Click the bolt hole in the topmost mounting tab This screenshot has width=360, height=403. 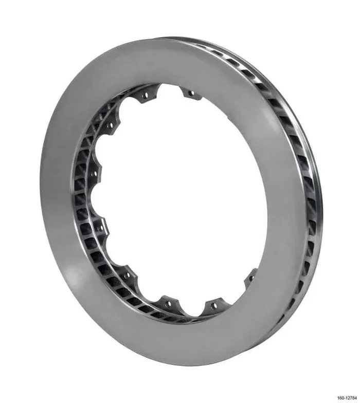[x=191, y=94]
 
